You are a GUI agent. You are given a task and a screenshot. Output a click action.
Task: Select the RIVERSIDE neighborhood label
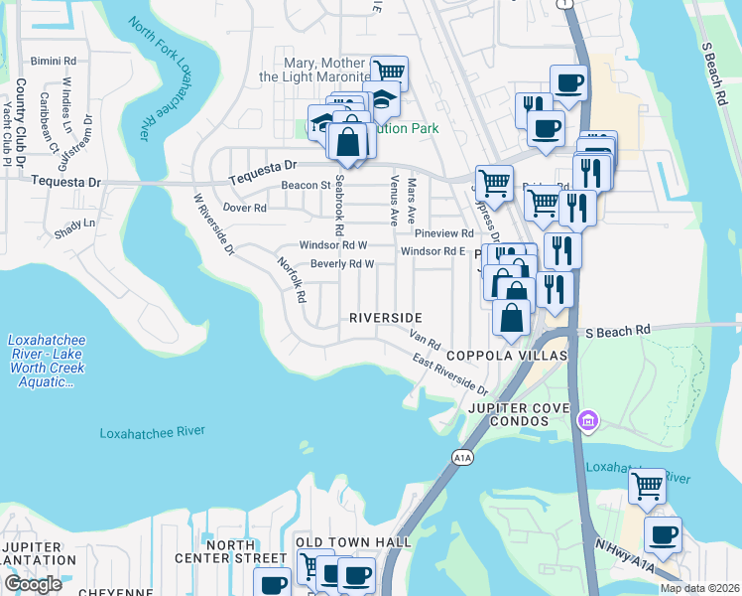[385, 317]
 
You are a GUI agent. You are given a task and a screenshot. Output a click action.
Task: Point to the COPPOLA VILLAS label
[505, 356]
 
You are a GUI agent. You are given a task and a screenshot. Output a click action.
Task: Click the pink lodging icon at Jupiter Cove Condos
[588, 422]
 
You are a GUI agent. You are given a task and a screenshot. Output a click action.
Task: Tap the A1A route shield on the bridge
[461, 457]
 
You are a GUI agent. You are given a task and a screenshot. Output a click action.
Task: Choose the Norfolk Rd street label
[292, 280]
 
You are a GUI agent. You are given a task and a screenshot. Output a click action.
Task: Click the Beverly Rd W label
[341, 264]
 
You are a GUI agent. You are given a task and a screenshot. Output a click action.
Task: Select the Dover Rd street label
[245, 209]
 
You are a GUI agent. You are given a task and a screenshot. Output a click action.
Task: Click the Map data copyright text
[698, 588]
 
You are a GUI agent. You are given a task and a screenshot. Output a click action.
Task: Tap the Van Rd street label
[425, 340]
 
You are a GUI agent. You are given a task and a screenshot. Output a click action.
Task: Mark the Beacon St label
[305, 186]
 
